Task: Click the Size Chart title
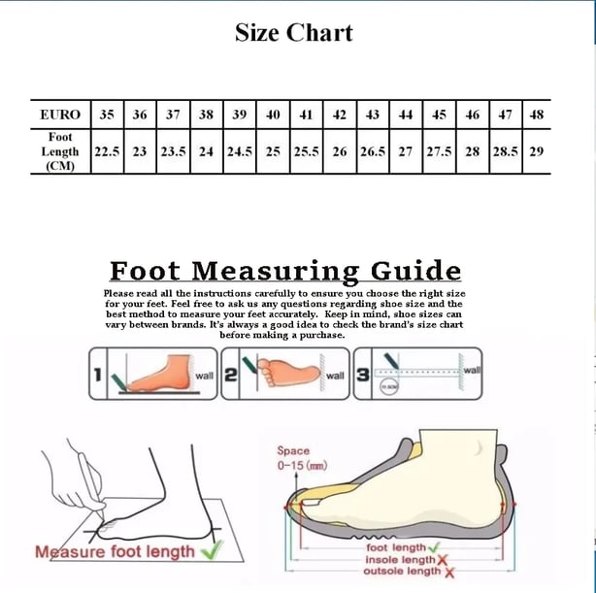tap(293, 33)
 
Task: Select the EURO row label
tap(60, 115)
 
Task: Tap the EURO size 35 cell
tap(107, 115)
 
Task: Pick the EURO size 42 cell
tap(340, 115)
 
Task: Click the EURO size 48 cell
tap(536, 115)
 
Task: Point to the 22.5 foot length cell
tap(107, 152)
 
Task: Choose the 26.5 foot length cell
tap(373, 152)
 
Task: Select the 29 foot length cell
tap(536, 152)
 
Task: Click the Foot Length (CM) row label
tap(60, 152)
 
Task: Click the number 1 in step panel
tap(98, 374)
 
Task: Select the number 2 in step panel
tap(231, 374)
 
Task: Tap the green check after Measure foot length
tap(211, 551)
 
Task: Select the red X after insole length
tap(443, 560)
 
